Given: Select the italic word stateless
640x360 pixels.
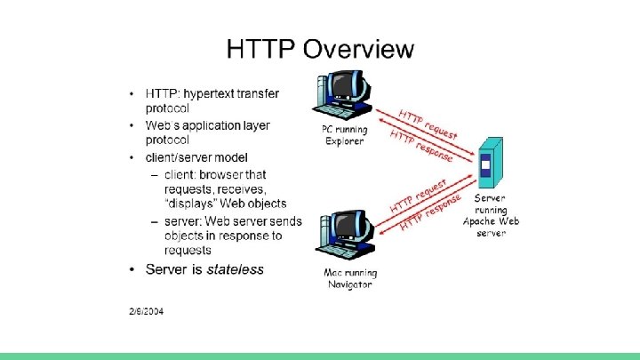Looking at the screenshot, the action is tap(235, 269).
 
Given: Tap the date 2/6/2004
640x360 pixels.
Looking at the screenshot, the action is tap(144, 311).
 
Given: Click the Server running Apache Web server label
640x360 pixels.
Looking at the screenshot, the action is tap(491, 215).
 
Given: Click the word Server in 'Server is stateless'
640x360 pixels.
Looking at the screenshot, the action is tap(169, 269).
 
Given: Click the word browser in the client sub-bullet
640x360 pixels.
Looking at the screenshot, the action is tap(220, 174).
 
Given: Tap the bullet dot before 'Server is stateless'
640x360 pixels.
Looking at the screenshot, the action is tap(132, 269).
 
